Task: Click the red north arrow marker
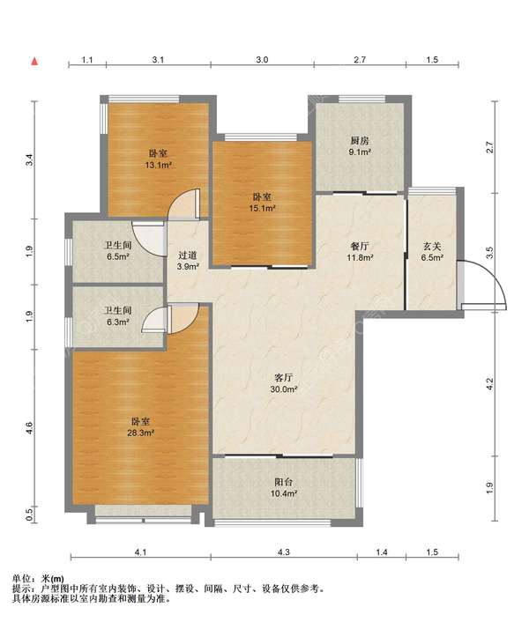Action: coord(35,62)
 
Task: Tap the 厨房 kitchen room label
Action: coord(360,141)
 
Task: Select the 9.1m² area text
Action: coord(360,152)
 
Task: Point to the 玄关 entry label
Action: coord(432,247)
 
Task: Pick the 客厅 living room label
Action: coord(283,378)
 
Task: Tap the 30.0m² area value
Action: coord(284,389)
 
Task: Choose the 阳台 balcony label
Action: coord(284,483)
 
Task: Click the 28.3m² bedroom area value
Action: coord(140,433)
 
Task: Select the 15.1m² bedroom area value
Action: coord(263,208)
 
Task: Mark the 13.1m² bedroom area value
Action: coord(158,165)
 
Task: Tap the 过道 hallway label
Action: coord(188,255)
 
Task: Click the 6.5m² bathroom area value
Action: coord(119,256)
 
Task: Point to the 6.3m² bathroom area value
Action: coord(117,322)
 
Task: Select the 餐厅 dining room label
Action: coord(360,247)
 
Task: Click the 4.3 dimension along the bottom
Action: coord(284,552)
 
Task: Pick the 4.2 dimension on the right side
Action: coord(489,383)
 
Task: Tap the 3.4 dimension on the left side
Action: coord(29,159)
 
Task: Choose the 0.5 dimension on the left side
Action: coord(29,515)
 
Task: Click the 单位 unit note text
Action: coord(21,579)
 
